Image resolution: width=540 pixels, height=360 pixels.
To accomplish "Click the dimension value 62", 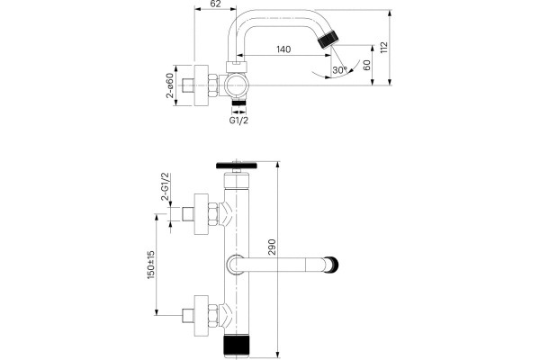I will pyautogui.click(x=214, y=5).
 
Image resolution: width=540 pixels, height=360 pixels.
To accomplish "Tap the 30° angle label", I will pyautogui.click(x=338, y=70).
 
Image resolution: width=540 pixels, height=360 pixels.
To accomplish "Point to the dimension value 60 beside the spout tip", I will pyautogui.click(x=366, y=66).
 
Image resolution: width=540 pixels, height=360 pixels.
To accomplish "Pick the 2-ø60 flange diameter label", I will pyautogui.click(x=169, y=86).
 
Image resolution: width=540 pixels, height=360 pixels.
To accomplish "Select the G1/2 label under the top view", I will pyautogui.click(x=238, y=120).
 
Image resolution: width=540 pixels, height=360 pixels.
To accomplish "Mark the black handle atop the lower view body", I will pyautogui.click(x=238, y=165).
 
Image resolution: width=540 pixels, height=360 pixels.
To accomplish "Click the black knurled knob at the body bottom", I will pyautogui.click(x=238, y=347).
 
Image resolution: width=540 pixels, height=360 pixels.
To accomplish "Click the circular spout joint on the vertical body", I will pyautogui.click(x=237, y=265).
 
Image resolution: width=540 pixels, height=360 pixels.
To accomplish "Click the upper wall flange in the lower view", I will pyautogui.click(x=202, y=214).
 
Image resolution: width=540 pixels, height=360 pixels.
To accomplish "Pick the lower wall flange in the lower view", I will pyautogui.click(x=202, y=315).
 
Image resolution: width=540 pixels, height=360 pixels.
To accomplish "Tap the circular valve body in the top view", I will pyautogui.click(x=238, y=86).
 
